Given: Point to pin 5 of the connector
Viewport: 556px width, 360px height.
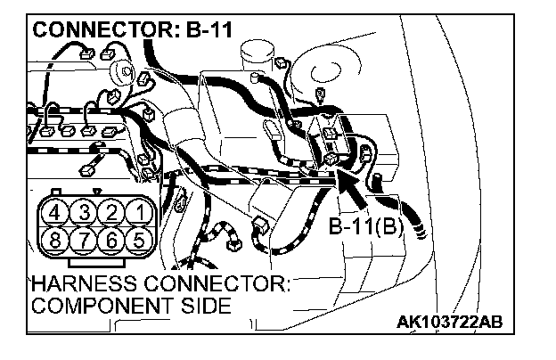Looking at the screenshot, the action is [138, 240].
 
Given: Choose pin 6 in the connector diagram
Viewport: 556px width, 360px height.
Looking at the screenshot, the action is [110, 240].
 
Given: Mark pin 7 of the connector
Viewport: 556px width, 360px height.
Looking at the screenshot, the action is [84, 240].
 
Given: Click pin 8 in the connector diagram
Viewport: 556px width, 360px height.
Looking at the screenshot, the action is [56, 240].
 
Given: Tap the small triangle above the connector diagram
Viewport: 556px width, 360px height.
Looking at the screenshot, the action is [97, 191].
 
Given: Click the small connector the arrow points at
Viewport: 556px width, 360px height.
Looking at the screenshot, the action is [331, 159].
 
